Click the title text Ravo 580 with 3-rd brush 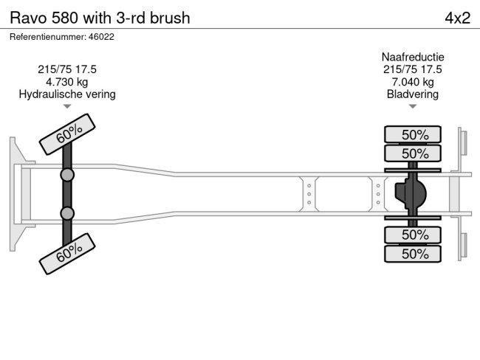[100, 18]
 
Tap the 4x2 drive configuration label [457, 18]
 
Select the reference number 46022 [62, 36]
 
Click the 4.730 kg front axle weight [67, 82]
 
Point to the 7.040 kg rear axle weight [413, 82]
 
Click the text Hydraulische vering [67, 94]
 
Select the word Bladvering [413, 94]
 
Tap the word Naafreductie [413, 57]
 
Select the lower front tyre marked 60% [69, 253]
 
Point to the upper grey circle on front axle [67, 175]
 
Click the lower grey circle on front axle [67, 213]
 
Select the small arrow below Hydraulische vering [67, 106]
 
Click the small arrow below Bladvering [413, 106]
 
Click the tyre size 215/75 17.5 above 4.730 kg [67, 69]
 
